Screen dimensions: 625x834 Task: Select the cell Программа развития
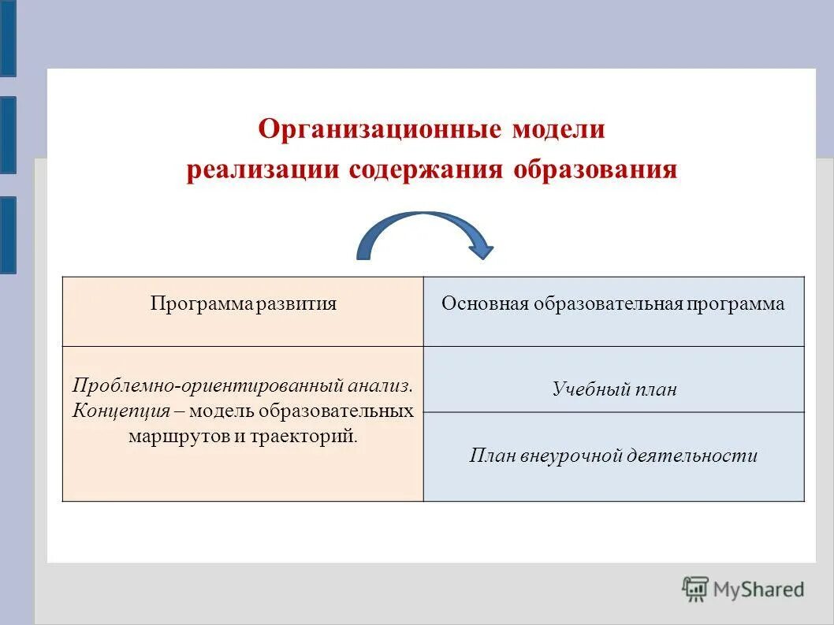(x=244, y=304)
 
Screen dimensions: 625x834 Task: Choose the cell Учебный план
(x=614, y=389)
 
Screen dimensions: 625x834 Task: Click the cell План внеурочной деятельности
(x=613, y=456)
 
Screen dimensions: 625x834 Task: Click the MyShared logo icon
(x=695, y=589)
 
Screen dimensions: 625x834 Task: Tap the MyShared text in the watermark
(x=759, y=590)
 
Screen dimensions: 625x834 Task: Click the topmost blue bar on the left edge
(x=7, y=38)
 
